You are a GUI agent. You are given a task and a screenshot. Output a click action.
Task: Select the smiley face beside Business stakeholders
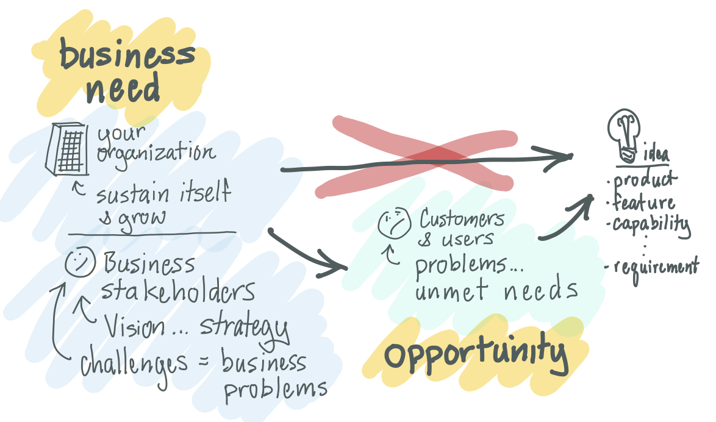click(79, 263)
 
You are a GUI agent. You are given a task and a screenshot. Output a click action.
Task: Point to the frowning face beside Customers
click(394, 223)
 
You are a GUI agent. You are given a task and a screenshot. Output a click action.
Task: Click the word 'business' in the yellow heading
click(127, 56)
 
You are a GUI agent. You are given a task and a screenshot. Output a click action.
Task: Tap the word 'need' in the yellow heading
click(123, 90)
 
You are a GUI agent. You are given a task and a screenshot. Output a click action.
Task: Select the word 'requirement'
click(656, 266)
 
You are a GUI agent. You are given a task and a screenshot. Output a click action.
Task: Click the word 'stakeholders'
click(177, 291)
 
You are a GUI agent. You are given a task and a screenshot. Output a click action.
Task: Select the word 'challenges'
click(134, 364)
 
